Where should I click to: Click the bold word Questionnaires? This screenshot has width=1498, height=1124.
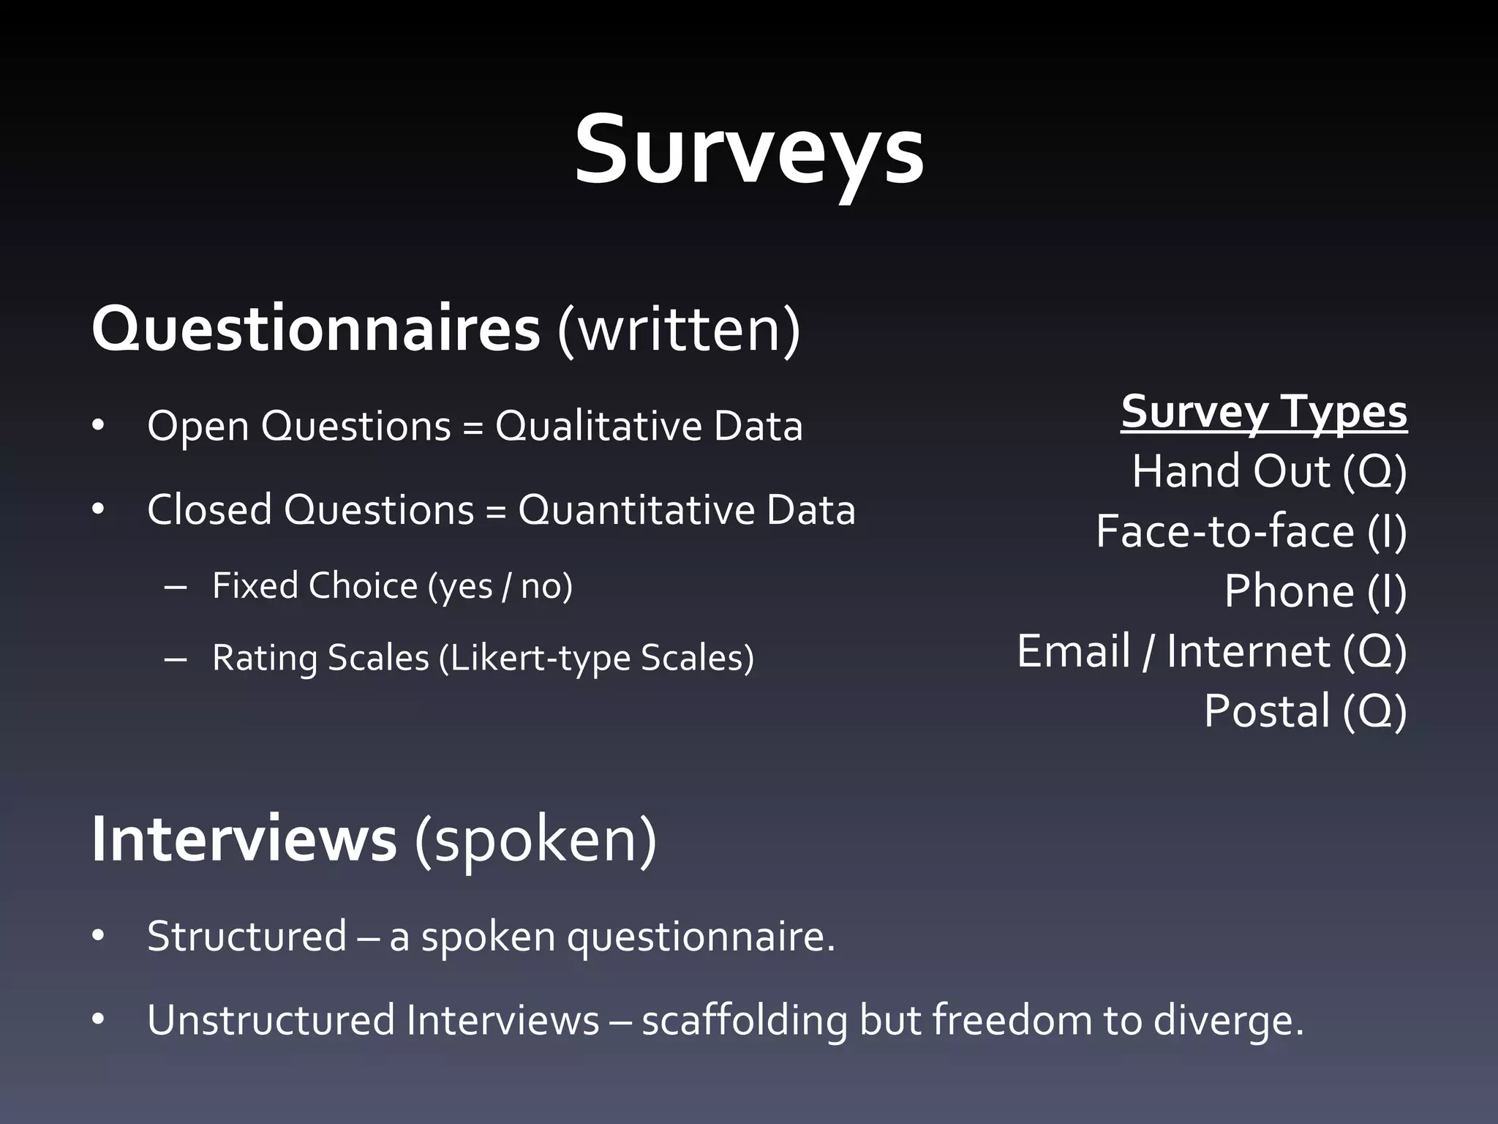315,330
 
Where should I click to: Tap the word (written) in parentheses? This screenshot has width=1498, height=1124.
679,330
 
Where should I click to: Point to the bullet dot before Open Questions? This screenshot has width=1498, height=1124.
99,427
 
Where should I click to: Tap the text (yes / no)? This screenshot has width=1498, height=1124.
500,586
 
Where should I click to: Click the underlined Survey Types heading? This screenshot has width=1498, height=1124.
1264,412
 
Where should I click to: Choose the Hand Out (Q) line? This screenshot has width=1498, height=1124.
1269,471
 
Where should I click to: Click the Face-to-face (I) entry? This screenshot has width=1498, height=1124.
1251,531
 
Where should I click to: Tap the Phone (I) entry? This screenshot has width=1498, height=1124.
1315,591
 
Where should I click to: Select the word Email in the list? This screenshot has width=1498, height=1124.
1073,651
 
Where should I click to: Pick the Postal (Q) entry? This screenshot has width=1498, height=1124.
1305,711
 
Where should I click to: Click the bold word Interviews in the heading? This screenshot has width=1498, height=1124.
244,840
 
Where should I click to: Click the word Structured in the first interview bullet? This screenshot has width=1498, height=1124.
246,936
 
